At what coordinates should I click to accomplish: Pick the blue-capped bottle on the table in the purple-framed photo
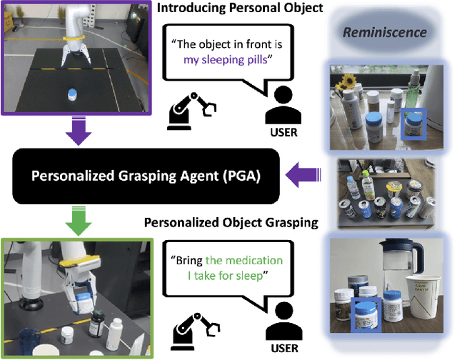[x=71, y=94]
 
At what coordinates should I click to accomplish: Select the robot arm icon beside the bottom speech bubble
[x=193, y=326]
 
